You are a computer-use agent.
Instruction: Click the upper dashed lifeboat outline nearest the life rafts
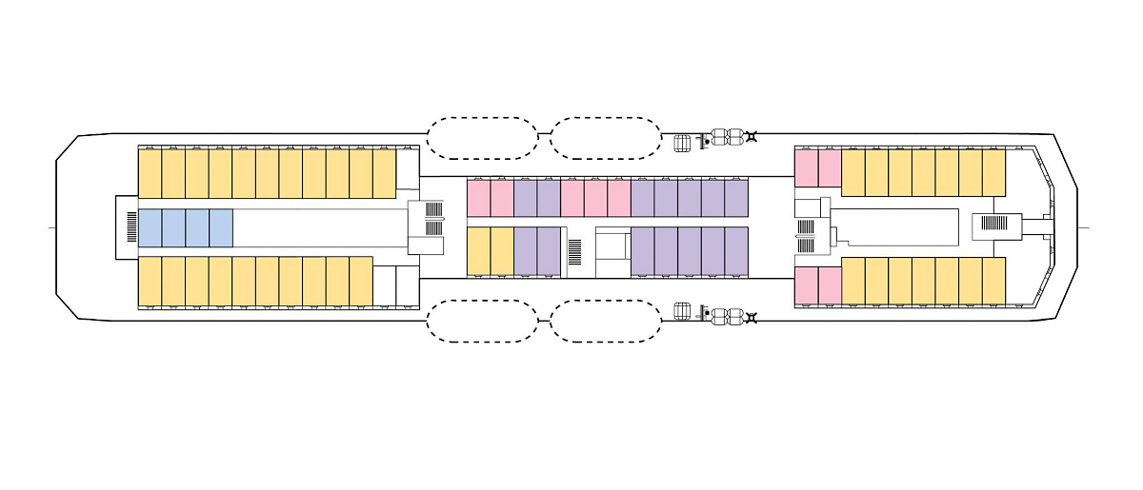tap(606, 138)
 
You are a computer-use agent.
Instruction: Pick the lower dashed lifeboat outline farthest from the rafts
tap(482, 321)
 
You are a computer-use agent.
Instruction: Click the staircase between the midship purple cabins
tap(574, 251)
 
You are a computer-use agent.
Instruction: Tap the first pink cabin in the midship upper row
tap(478, 198)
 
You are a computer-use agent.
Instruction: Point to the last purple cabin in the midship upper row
tap(736, 198)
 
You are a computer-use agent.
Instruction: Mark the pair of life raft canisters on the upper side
tap(727, 138)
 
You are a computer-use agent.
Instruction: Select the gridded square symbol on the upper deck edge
tap(682, 143)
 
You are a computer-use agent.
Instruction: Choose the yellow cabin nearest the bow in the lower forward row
tap(994, 281)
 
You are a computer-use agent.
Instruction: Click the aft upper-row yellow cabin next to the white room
tap(384, 173)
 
